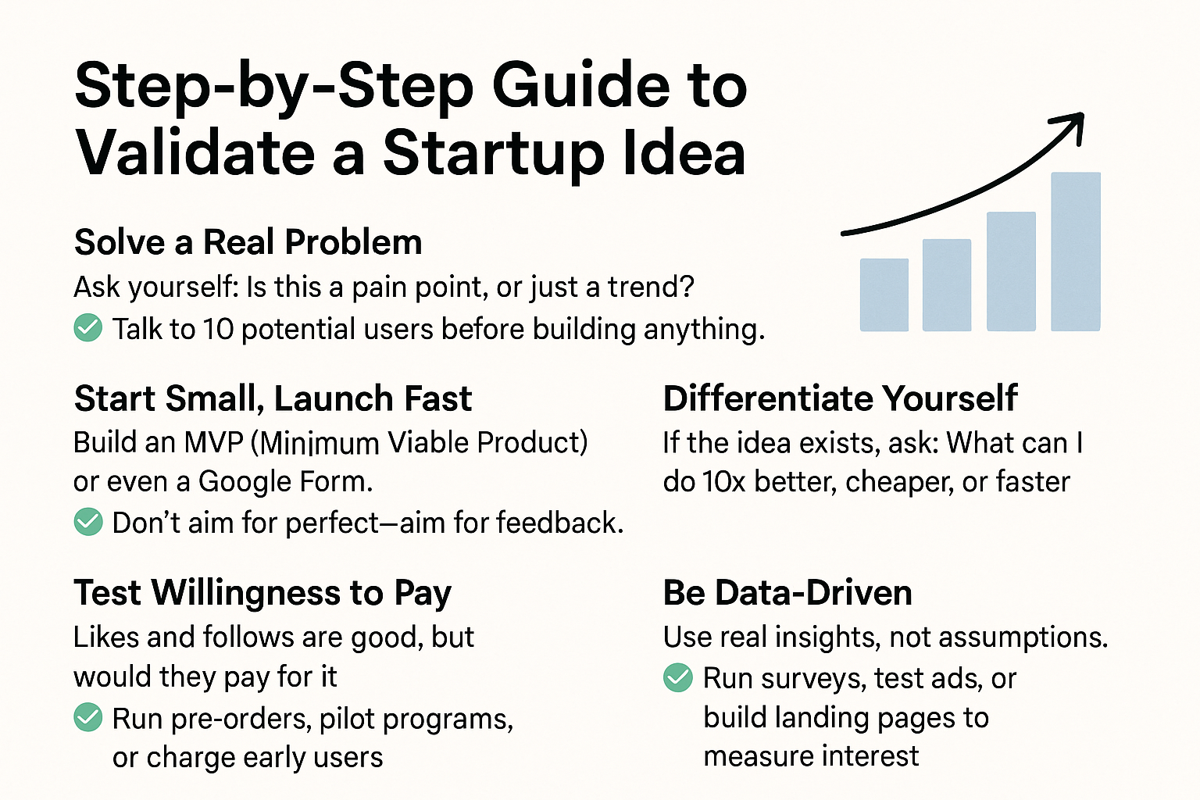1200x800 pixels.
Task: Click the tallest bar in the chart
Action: point(1076,252)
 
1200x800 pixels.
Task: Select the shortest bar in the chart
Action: point(884,295)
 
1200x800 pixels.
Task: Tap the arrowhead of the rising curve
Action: point(1068,127)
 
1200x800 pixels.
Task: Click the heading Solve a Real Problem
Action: point(248,242)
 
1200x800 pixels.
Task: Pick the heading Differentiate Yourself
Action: point(840,398)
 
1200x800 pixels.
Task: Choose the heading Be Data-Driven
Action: point(787,593)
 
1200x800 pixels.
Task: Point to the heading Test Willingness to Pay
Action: point(262,594)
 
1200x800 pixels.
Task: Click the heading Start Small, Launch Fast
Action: point(273,398)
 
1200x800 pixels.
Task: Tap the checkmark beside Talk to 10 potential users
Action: point(87,327)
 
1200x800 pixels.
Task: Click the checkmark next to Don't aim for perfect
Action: point(87,522)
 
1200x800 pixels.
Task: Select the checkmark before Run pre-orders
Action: point(87,717)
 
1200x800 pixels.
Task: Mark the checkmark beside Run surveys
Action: point(677,677)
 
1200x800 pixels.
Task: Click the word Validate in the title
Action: point(195,153)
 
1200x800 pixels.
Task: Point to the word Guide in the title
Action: point(580,86)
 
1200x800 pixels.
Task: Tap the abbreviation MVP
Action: point(213,443)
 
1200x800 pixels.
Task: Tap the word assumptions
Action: point(1023,637)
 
